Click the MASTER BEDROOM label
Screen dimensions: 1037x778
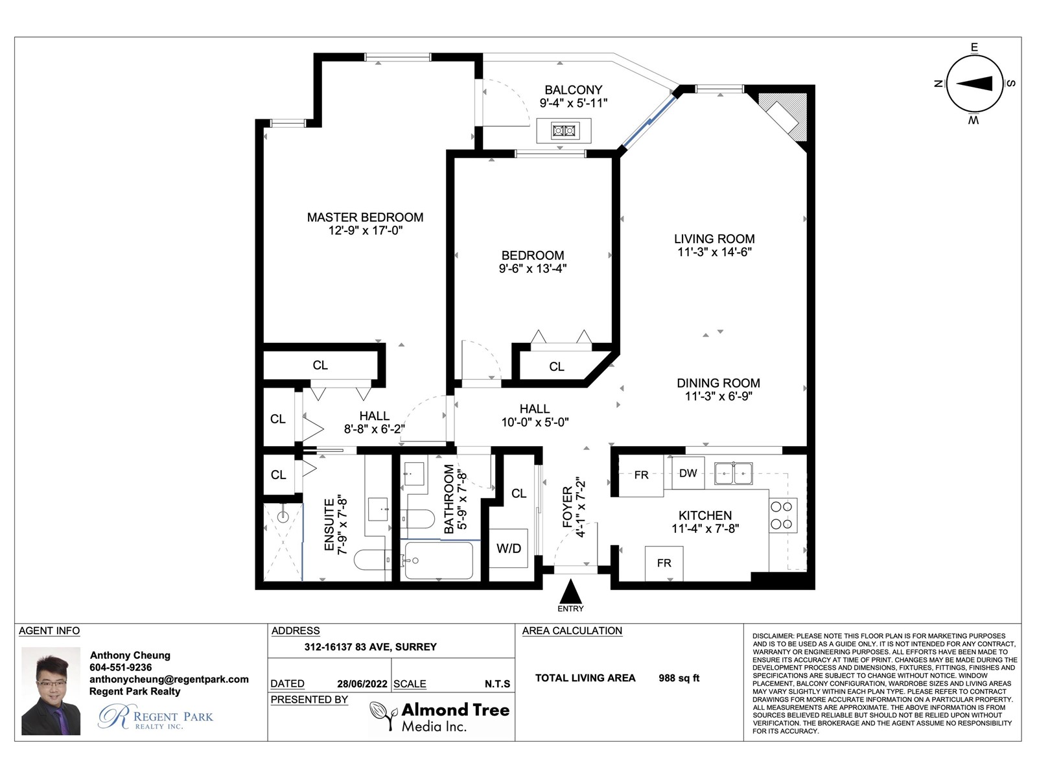(365, 217)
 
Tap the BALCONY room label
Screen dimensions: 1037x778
(573, 89)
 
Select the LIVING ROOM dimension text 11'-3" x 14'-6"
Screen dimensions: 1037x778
(714, 252)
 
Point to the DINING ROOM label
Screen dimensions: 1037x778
(718, 383)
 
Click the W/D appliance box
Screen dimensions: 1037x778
(508, 548)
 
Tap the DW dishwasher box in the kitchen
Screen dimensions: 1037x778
(688, 473)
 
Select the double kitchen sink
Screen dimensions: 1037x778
(733, 473)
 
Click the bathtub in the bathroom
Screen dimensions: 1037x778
(439, 560)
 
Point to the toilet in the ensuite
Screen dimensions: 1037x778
(372, 560)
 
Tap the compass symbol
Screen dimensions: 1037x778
(974, 84)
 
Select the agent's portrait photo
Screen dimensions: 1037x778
(51, 690)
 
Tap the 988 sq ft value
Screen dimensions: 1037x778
(679, 678)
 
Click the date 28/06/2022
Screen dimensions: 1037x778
(362, 684)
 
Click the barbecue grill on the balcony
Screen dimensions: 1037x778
(564, 130)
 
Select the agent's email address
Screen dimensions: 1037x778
(169, 679)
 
